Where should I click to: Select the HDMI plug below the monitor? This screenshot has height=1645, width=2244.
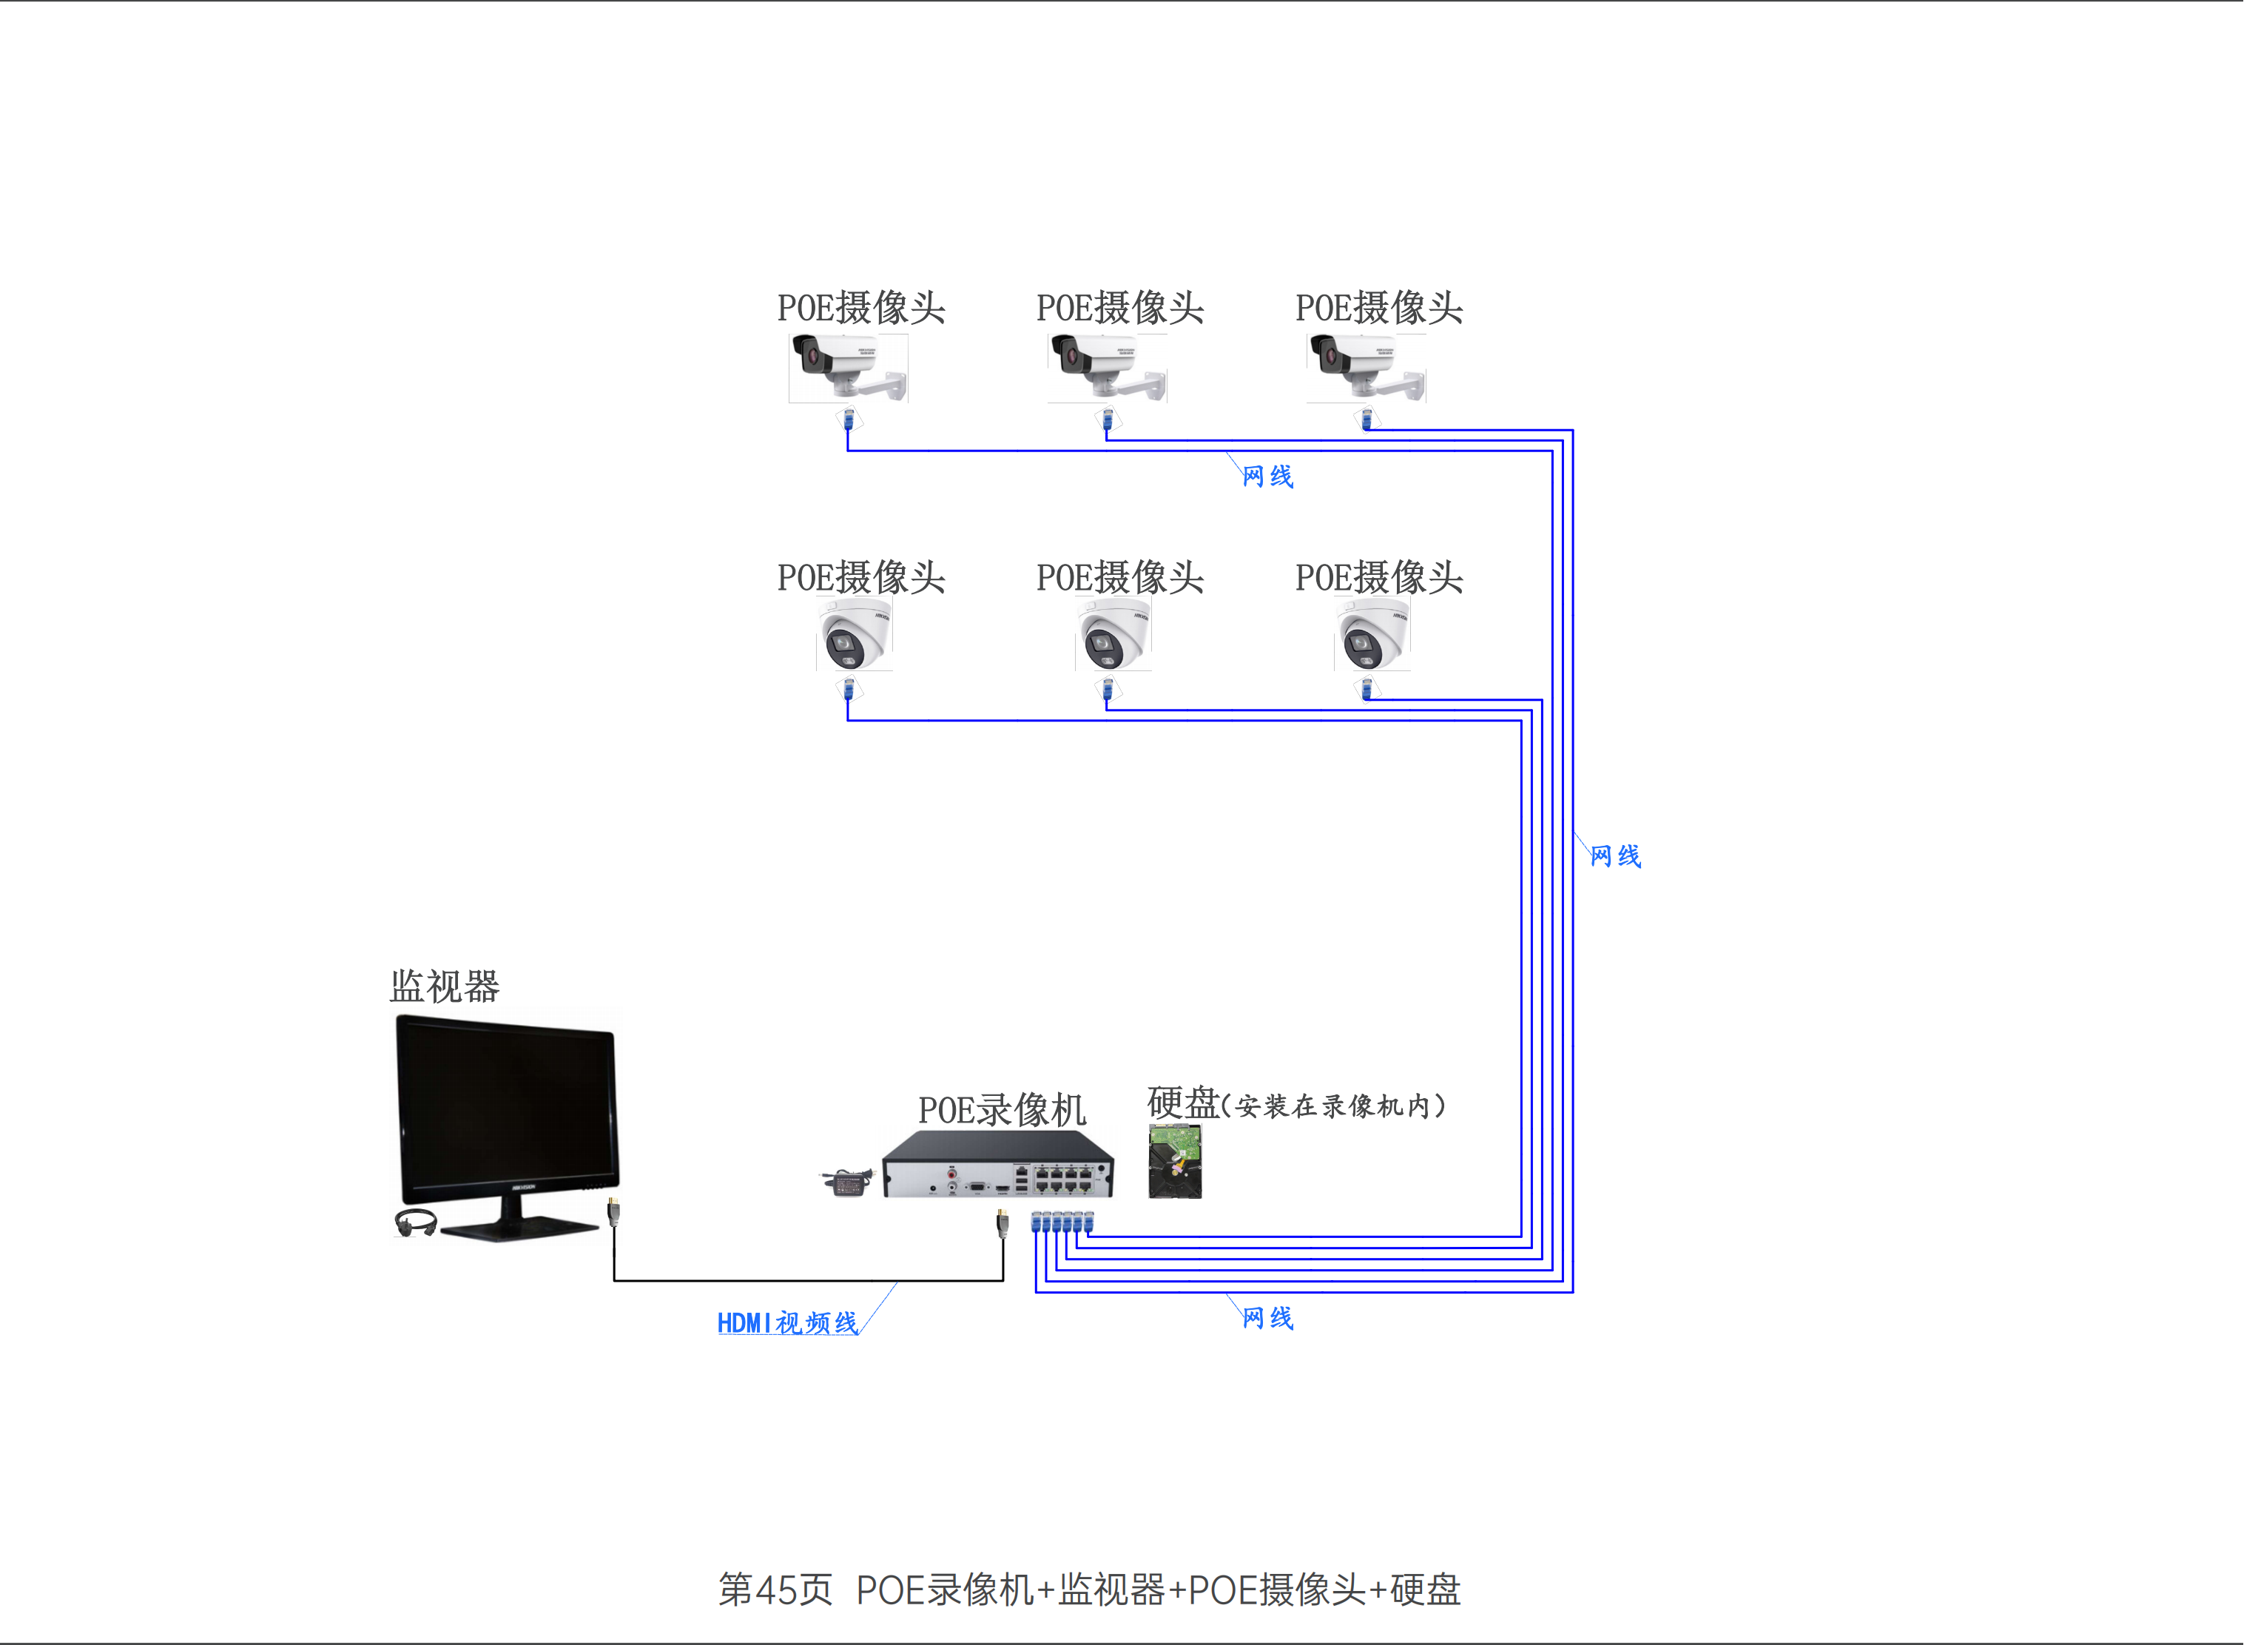[613, 1212]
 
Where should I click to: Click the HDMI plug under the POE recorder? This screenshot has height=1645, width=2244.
[1003, 1222]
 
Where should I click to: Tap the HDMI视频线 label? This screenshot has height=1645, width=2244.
[787, 1322]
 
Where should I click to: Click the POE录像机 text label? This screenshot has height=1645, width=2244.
[1002, 1109]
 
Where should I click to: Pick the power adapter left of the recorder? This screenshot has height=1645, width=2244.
[847, 1182]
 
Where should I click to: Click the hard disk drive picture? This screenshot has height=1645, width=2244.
[1175, 1161]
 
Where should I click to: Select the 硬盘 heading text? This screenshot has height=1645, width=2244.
[1184, 1103]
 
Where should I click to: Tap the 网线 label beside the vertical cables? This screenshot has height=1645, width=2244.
[1615, 855]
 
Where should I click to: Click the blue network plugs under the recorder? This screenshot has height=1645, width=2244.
[1062, 1222]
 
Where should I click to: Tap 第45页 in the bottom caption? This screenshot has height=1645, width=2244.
[775, 1590]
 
